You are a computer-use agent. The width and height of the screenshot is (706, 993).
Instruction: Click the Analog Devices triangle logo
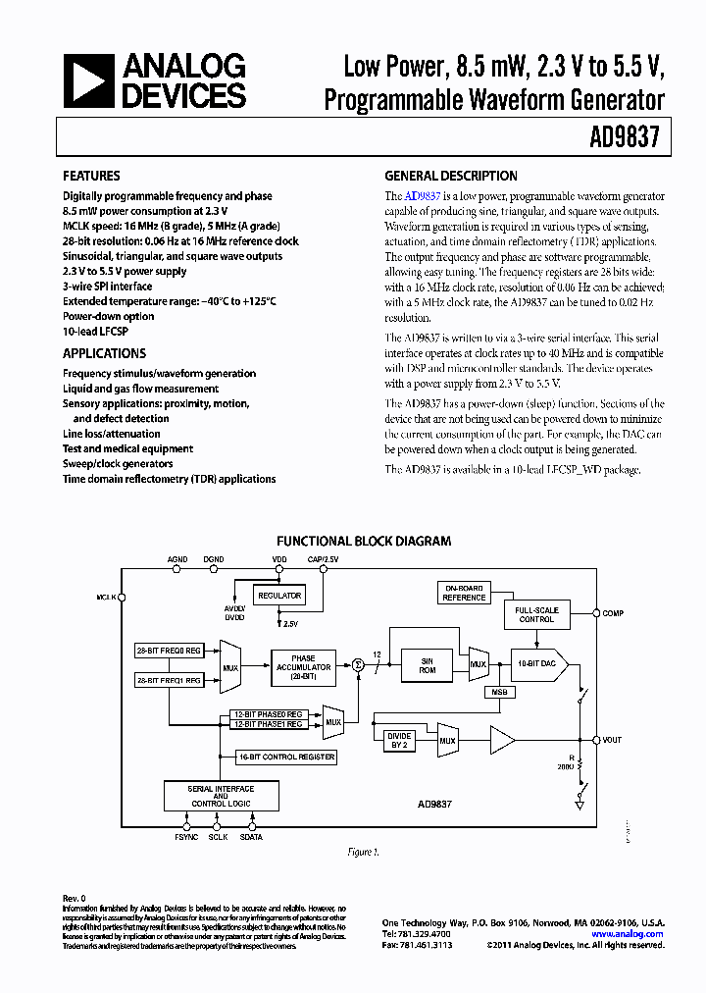pos(88,79)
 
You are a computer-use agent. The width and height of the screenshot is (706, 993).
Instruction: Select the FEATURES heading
pos(91,177)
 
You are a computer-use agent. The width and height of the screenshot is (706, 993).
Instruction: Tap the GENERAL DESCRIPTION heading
pos(450,177)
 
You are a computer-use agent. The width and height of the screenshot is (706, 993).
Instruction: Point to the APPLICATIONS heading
pos(104,353)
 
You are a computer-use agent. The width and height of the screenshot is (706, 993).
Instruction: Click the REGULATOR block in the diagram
pos(278,596)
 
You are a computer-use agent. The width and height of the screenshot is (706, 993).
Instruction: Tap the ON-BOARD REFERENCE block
pos(464,593)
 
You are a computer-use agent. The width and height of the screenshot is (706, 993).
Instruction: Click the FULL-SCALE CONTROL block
pos(536,614)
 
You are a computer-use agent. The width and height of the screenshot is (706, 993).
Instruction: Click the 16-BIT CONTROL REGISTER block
pos(286,757)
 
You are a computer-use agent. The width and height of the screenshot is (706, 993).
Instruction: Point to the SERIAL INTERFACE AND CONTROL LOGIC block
pos(221,797)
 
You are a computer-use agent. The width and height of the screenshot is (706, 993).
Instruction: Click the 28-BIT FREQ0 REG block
pos(169,650)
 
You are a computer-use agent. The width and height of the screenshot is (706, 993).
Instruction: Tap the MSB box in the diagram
pos(499,692)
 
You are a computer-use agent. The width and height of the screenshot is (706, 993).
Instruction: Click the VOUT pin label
pos(613,739)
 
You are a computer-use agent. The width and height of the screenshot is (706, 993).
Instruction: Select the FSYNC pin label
pos(186,836)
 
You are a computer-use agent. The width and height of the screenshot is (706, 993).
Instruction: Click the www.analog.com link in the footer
pos(628,934)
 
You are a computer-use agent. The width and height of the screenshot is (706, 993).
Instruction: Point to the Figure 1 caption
pos(362,852)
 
